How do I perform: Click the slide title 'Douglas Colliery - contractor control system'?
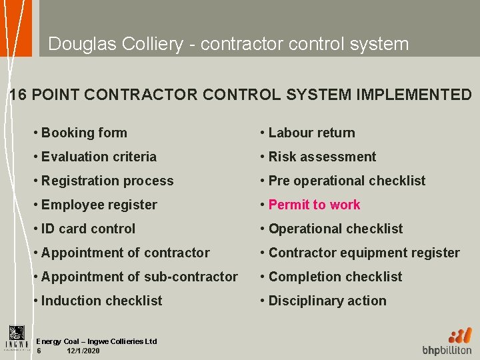(228, 44)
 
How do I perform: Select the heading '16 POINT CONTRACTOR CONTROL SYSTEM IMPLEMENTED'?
(241, 95)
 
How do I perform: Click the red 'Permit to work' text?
(314, 205)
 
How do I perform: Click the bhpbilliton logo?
(447, 341)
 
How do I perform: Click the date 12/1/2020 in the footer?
(83, 351)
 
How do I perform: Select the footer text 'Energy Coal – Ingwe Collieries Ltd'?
(97, 341)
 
